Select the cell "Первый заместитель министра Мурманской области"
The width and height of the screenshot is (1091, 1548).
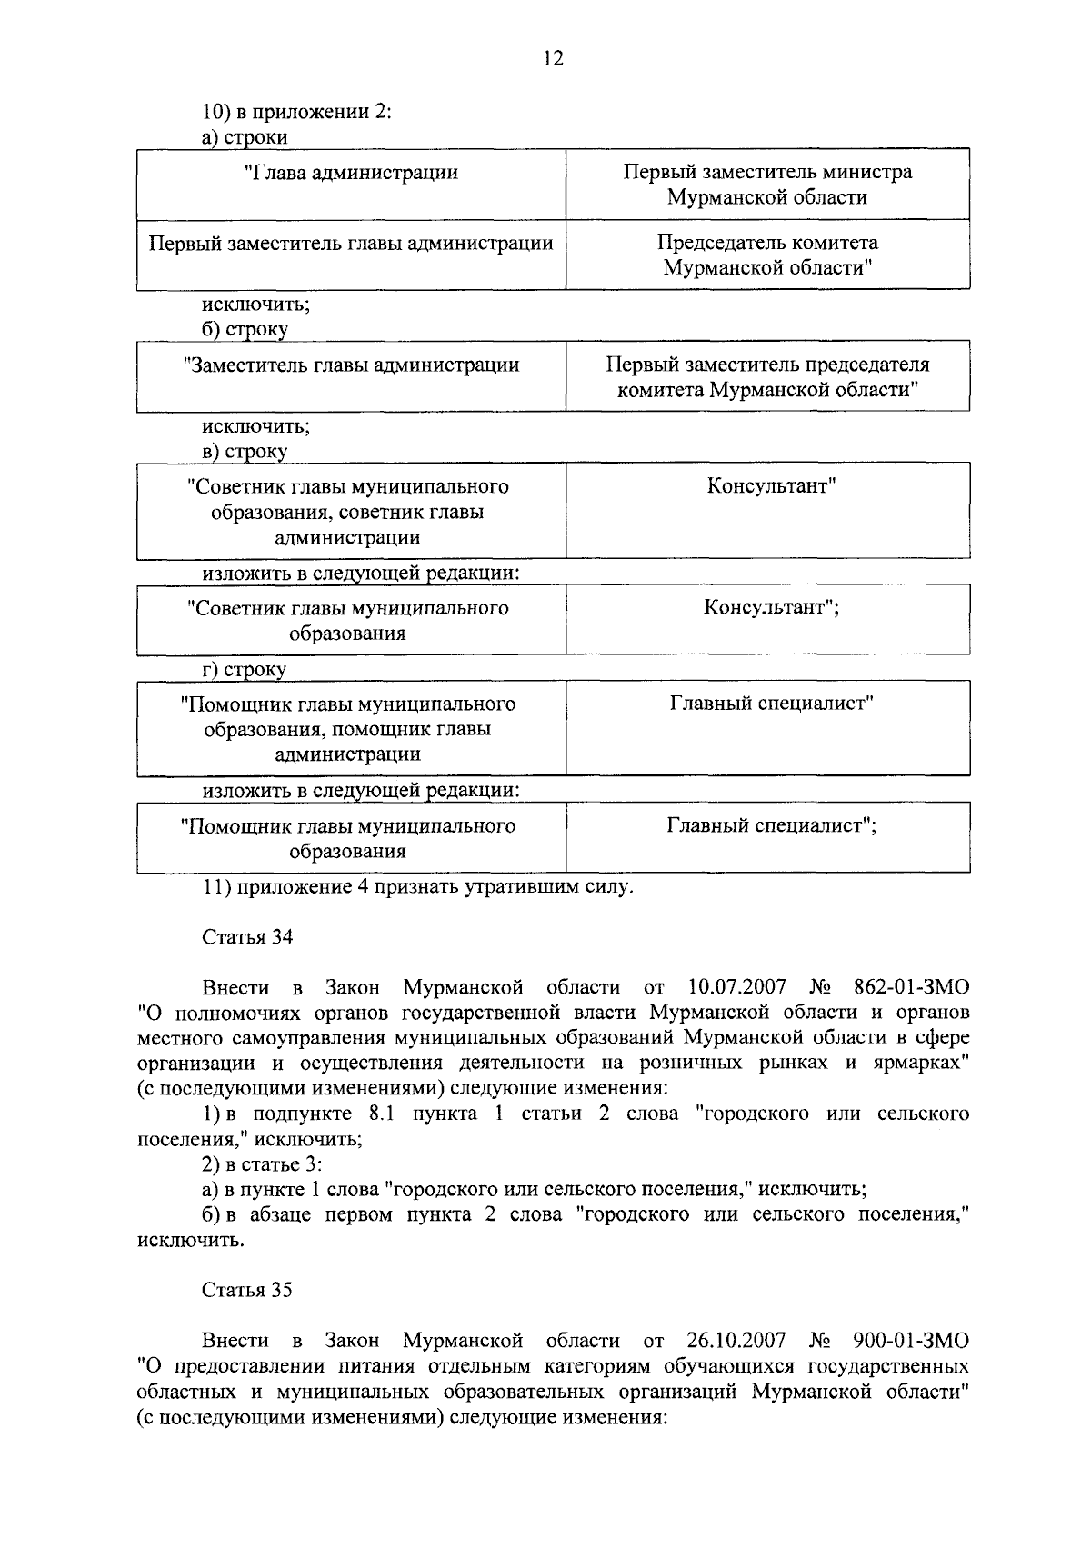tap(767, 185)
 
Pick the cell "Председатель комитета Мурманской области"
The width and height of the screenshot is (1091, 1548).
tap(767, 255)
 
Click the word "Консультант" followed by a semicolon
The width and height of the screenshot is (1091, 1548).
tap(770, 608)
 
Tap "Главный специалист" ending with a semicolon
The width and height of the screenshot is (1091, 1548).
tap(771, 826)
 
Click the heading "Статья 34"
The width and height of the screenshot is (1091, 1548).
tap(247, 938)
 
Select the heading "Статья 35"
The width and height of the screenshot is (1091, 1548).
tap(247, 1291)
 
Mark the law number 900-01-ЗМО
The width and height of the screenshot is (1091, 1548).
tap(912, 1341)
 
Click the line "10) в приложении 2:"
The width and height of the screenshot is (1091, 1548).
tap(296, 113)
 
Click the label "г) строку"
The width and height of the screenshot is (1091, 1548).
tap(244, 671)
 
